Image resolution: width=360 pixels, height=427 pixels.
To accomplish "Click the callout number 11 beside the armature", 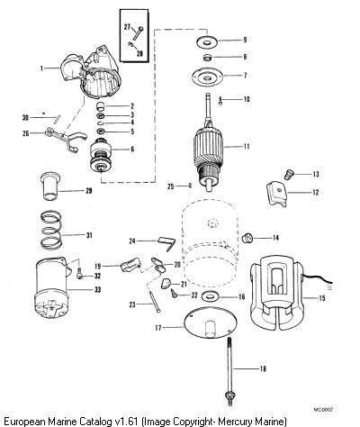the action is pyautogui.click(x=247, y=147).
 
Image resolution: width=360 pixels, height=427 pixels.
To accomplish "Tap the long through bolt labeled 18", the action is pyautogui.click(x=229, y=371).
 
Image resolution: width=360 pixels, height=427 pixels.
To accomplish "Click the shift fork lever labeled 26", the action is pyautogui.click(x=65, y=138).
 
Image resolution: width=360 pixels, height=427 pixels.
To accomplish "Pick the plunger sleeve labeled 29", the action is pyautogui.click(x=50, y=186).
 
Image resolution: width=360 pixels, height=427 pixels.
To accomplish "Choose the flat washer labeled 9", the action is pyautogui.click(x=207, y=42).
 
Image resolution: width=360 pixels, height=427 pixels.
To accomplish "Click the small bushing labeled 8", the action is pyautogui.click(x=207, y=57).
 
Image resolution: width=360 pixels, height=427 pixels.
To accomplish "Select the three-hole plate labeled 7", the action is pyautogui.click(x=207, y=77).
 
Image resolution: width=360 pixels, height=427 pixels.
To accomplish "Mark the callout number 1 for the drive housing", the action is pyautogui.click(x=42, y=68).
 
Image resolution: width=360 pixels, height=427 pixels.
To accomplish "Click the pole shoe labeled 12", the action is pyautogui.click(x=277, y=195).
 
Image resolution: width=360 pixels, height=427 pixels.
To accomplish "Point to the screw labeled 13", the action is pyautogui.click(x=289, y=175).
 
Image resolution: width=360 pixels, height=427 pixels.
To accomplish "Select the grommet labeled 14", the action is pyautogui.click(x=247, y=238).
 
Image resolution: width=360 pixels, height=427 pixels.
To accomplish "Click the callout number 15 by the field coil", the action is pyautogui.click(x=322, y=298).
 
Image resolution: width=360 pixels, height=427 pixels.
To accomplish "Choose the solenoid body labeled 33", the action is pyautogui.click(x=52, y=288).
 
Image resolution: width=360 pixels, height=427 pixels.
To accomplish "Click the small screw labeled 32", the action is pyautogui.click(x=79, y=273).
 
